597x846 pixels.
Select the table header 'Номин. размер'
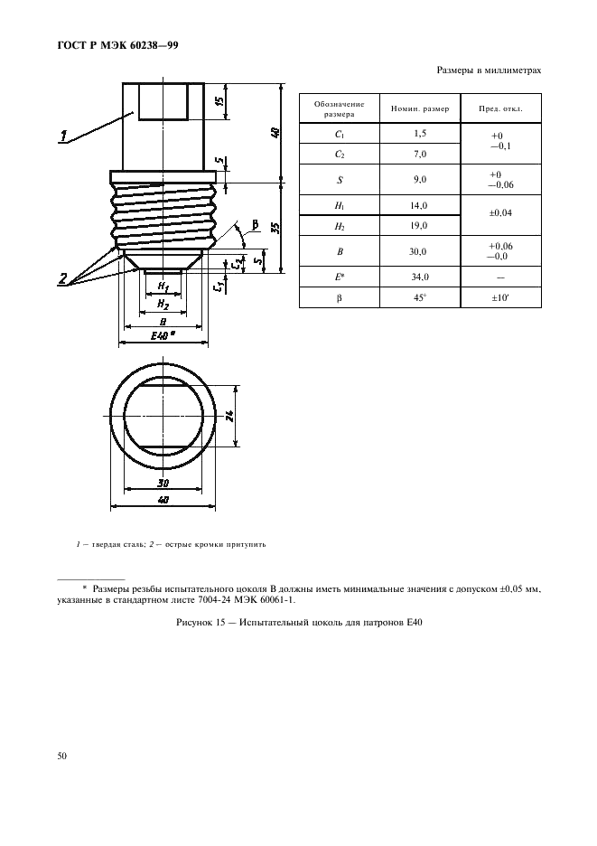[x=419, y=109]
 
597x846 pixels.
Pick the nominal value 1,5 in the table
[x=419, y=133]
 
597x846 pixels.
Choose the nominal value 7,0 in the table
[x=419, y=154]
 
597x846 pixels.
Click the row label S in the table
[x=340, y=180]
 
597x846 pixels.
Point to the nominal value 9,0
[x=419, y=180]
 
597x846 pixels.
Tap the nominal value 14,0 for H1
[x=419, y=206]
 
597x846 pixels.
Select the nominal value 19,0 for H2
[x=419, y=225]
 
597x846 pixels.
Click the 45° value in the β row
[x=419, y=296]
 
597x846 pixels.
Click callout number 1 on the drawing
[x=64, y=136]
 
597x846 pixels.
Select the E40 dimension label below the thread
[x=161, y=335]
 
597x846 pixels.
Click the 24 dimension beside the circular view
[x=230, y=415]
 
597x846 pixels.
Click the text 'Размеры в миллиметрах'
[x=489, y=70]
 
